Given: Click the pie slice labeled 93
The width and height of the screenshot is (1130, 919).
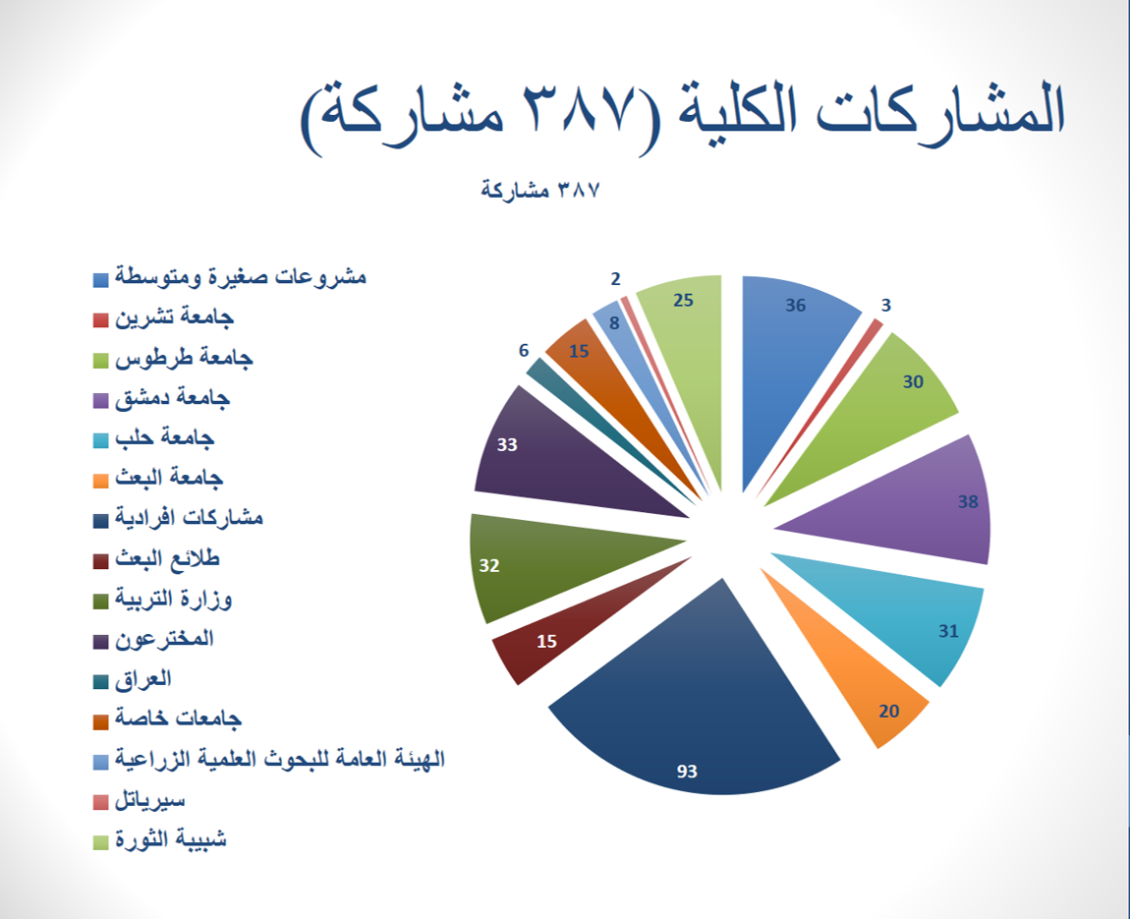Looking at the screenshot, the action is tap(692, 714).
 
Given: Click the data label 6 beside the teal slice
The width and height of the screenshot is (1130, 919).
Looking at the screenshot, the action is tap(524, 350).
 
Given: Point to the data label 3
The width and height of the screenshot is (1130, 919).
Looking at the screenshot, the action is tap(885, 305).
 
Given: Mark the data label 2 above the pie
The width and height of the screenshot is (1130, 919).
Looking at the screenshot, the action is tap(615, 279).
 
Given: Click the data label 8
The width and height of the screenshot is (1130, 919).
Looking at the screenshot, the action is tap(614, 323).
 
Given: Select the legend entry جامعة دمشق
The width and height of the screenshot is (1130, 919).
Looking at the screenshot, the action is tap(161, 398).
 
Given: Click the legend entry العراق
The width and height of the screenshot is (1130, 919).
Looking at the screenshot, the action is tap(133, 679).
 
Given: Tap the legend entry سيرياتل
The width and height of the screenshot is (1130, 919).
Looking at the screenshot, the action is tap(140, 800).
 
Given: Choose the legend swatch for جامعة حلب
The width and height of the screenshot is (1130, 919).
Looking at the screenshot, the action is tap(101, 440).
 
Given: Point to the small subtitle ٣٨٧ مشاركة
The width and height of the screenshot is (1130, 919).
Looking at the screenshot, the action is tap(540, 191).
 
